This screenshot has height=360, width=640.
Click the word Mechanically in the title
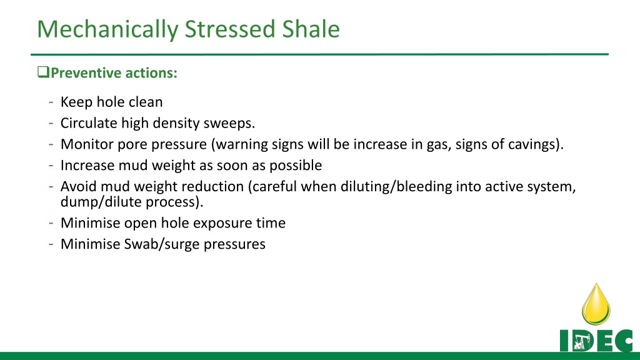(107, 29)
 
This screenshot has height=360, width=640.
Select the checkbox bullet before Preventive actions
(43, 72)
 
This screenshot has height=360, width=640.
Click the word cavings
(536, 144)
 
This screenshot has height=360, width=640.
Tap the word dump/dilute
(101, 202)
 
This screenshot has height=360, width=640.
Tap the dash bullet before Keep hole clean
(51, 102)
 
